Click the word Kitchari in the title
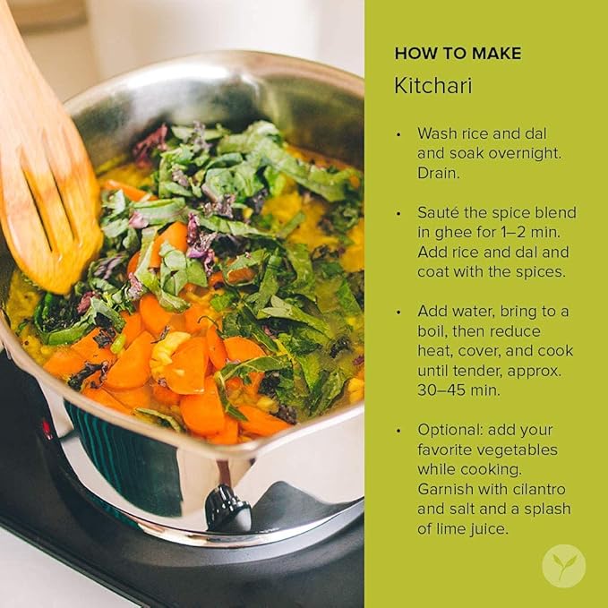click(x=433, y=85)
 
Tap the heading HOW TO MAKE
click(x=458, y=53)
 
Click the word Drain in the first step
click(x=438, y=173)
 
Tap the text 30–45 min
click(x=458, y=390)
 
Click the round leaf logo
click(x=563, y=566)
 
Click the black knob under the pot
click(x=227, y=508)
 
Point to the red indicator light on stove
click(x=47, y=429)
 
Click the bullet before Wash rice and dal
click(x=398, y=134)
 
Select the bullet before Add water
click(x=398, y=313)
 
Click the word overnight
click(x=525, y=153)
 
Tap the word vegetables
click(x=517, y=450)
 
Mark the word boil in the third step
click(x=431, y=330)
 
